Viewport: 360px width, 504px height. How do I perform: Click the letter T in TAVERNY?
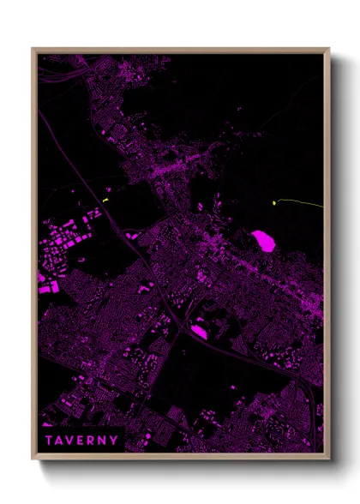point(50,441)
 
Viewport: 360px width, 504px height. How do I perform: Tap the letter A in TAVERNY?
point(61,441)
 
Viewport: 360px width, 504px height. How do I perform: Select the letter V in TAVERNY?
point(72,441)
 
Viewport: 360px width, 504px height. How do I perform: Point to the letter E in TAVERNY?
point(82,441)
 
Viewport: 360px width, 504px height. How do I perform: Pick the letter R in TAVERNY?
point(93,441)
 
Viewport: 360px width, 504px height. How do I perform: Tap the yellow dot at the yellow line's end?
point(274,203)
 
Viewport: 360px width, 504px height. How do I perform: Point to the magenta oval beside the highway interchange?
point(199,330)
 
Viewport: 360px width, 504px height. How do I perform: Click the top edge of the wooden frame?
point(180,50)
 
